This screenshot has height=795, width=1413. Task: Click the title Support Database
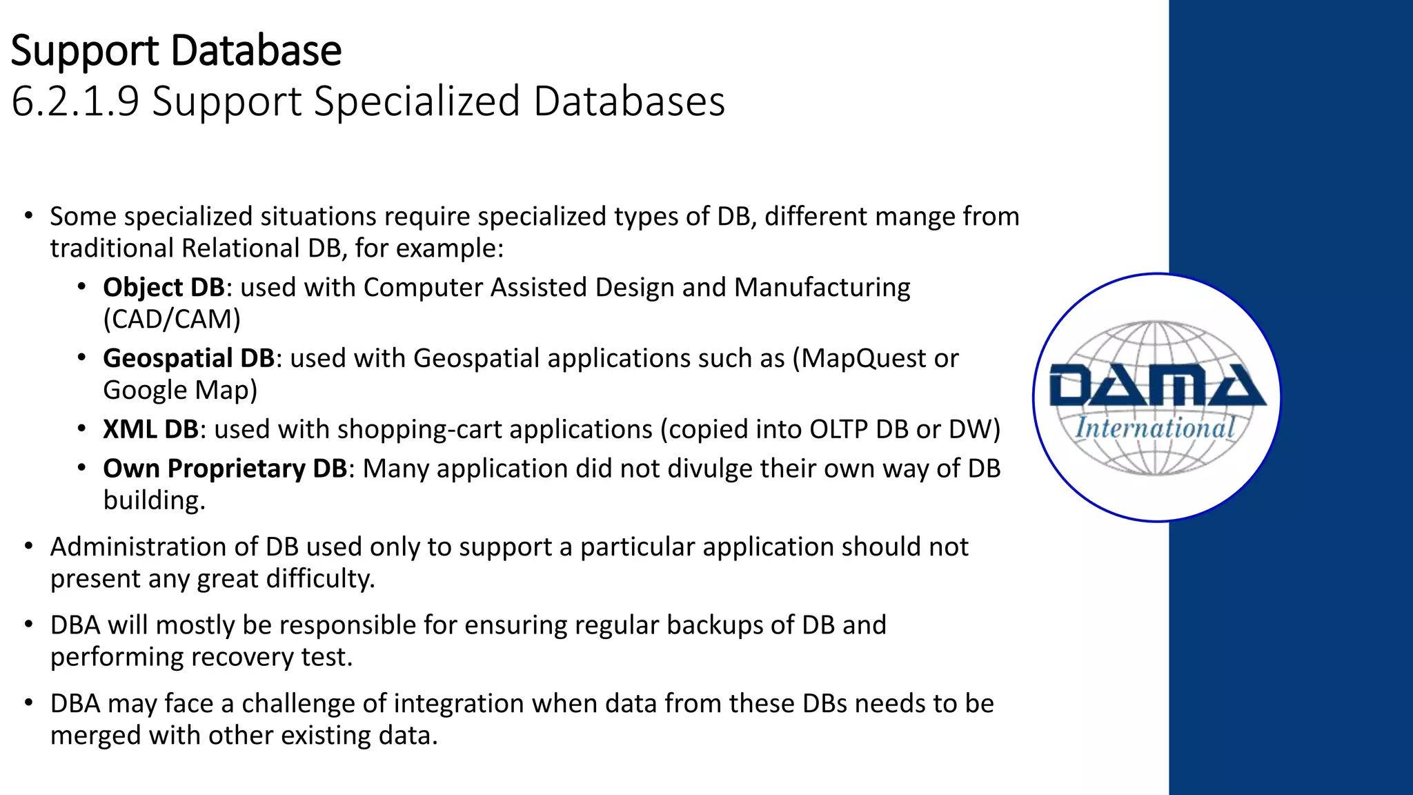point(176,51)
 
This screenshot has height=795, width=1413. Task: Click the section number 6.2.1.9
point(75,101)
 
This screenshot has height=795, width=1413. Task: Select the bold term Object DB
point(164,287)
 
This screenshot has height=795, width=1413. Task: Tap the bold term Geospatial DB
point(188,358)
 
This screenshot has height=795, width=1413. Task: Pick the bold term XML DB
point(150,429)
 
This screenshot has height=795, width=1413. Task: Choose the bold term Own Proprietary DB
point(224,469)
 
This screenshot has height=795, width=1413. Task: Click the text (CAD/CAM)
point(172,320)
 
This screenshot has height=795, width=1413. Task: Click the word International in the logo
point(1155,428)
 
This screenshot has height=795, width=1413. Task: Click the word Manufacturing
point(822,287)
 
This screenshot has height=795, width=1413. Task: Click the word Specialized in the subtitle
point(417,101)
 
